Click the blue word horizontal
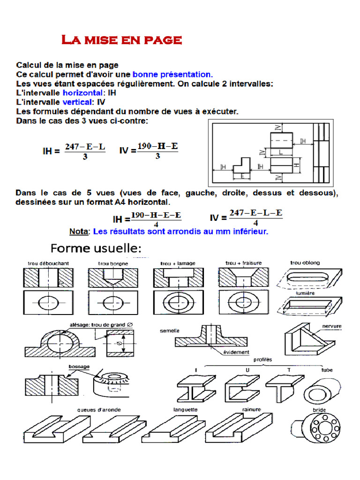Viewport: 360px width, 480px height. tap(82, 93)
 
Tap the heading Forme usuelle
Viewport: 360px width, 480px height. tap(96, 248)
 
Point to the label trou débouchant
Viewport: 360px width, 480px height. tap(47, 263)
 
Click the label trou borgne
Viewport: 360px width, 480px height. tap(112, 264)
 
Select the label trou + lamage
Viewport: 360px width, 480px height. tap(178, 263)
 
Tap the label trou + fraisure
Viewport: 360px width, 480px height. tap(243, 263)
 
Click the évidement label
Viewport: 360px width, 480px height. tap(236, 352)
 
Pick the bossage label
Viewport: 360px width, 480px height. tap(79, 367)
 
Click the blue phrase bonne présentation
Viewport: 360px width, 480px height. tap(172, 74)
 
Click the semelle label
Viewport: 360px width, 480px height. tap(170, 330)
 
